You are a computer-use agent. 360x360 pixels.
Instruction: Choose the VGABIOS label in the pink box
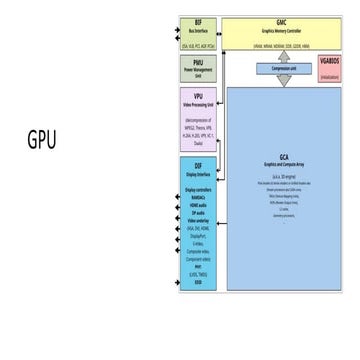coord(329,62)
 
